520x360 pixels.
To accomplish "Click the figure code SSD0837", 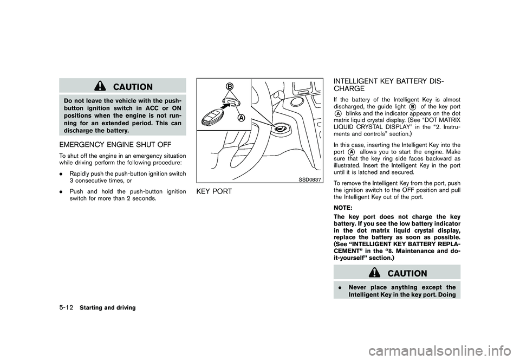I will [x=309, y=179].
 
